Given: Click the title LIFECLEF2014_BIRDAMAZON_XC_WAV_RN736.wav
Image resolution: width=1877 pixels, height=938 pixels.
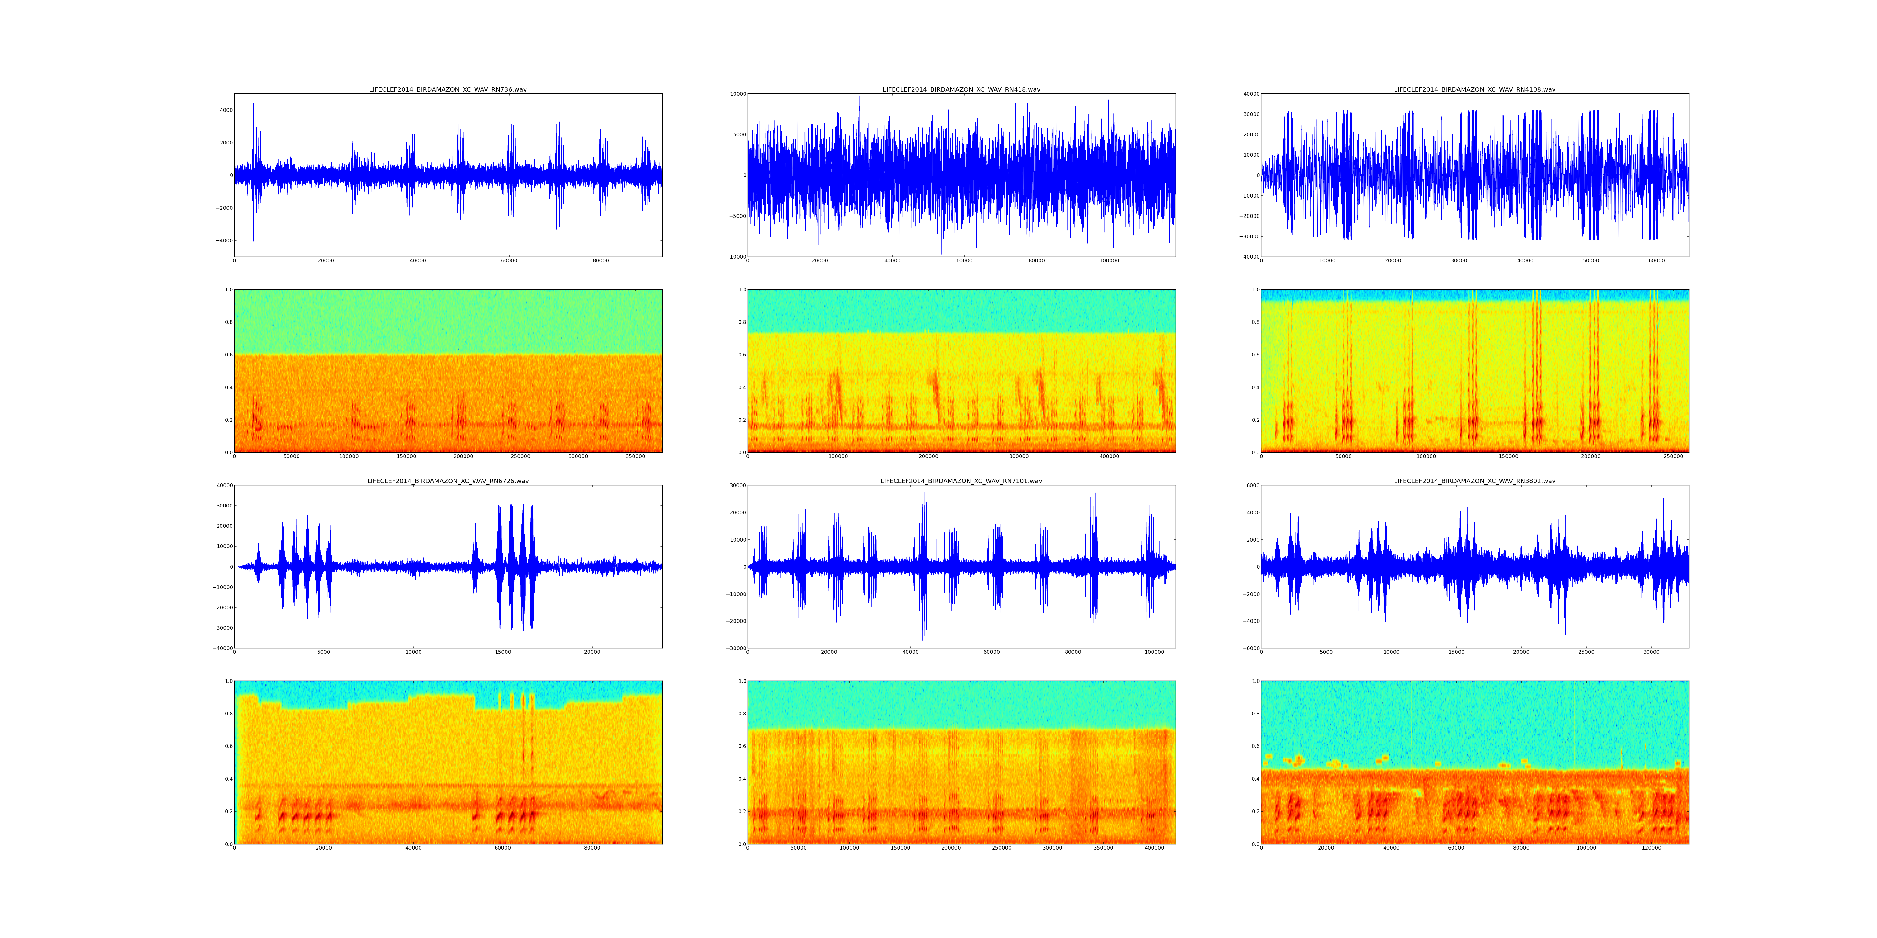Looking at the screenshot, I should pyautogui.click(x=447, y=89).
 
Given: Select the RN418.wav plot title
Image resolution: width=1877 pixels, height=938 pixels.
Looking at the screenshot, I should pyautogui.click(x=961, y=89).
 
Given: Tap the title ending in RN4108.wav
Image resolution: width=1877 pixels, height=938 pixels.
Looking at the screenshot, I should pyautogui.click(x=1474, y=89).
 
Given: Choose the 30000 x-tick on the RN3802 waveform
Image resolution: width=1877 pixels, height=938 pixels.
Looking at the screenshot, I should pyautogui.click(x=1651, y=652).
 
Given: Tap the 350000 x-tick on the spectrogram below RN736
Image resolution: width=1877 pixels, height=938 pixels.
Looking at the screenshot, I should pyautogui.click(x=635, y=456).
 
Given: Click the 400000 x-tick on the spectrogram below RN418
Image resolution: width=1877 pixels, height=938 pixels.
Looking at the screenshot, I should pyautogui.click(x=1109, y=456).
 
